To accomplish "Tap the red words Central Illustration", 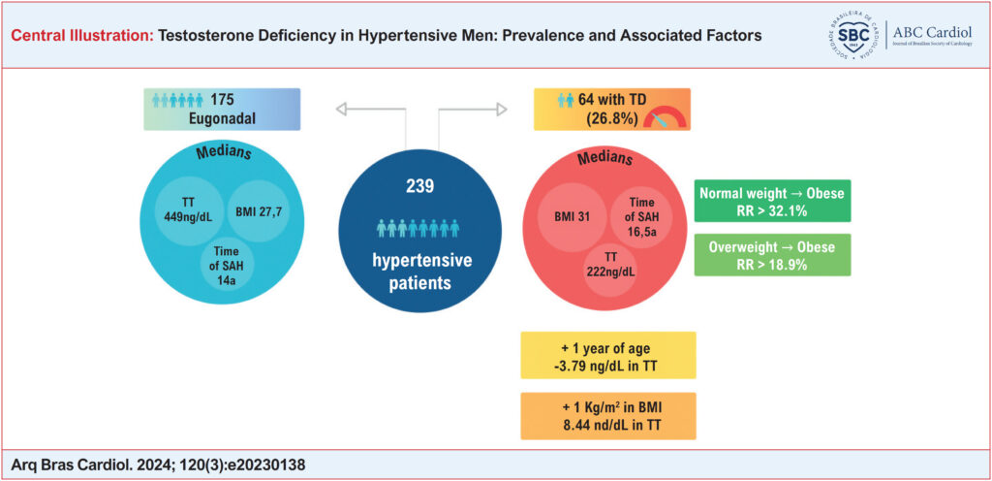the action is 82,36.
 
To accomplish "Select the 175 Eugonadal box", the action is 222,110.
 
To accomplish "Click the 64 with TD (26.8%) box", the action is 612,110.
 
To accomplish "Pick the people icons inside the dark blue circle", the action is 418,228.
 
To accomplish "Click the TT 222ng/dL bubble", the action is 610,267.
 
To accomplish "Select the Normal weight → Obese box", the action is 772,202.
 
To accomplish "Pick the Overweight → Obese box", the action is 772,255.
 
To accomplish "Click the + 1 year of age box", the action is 608,355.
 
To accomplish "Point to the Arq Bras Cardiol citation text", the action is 158,465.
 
